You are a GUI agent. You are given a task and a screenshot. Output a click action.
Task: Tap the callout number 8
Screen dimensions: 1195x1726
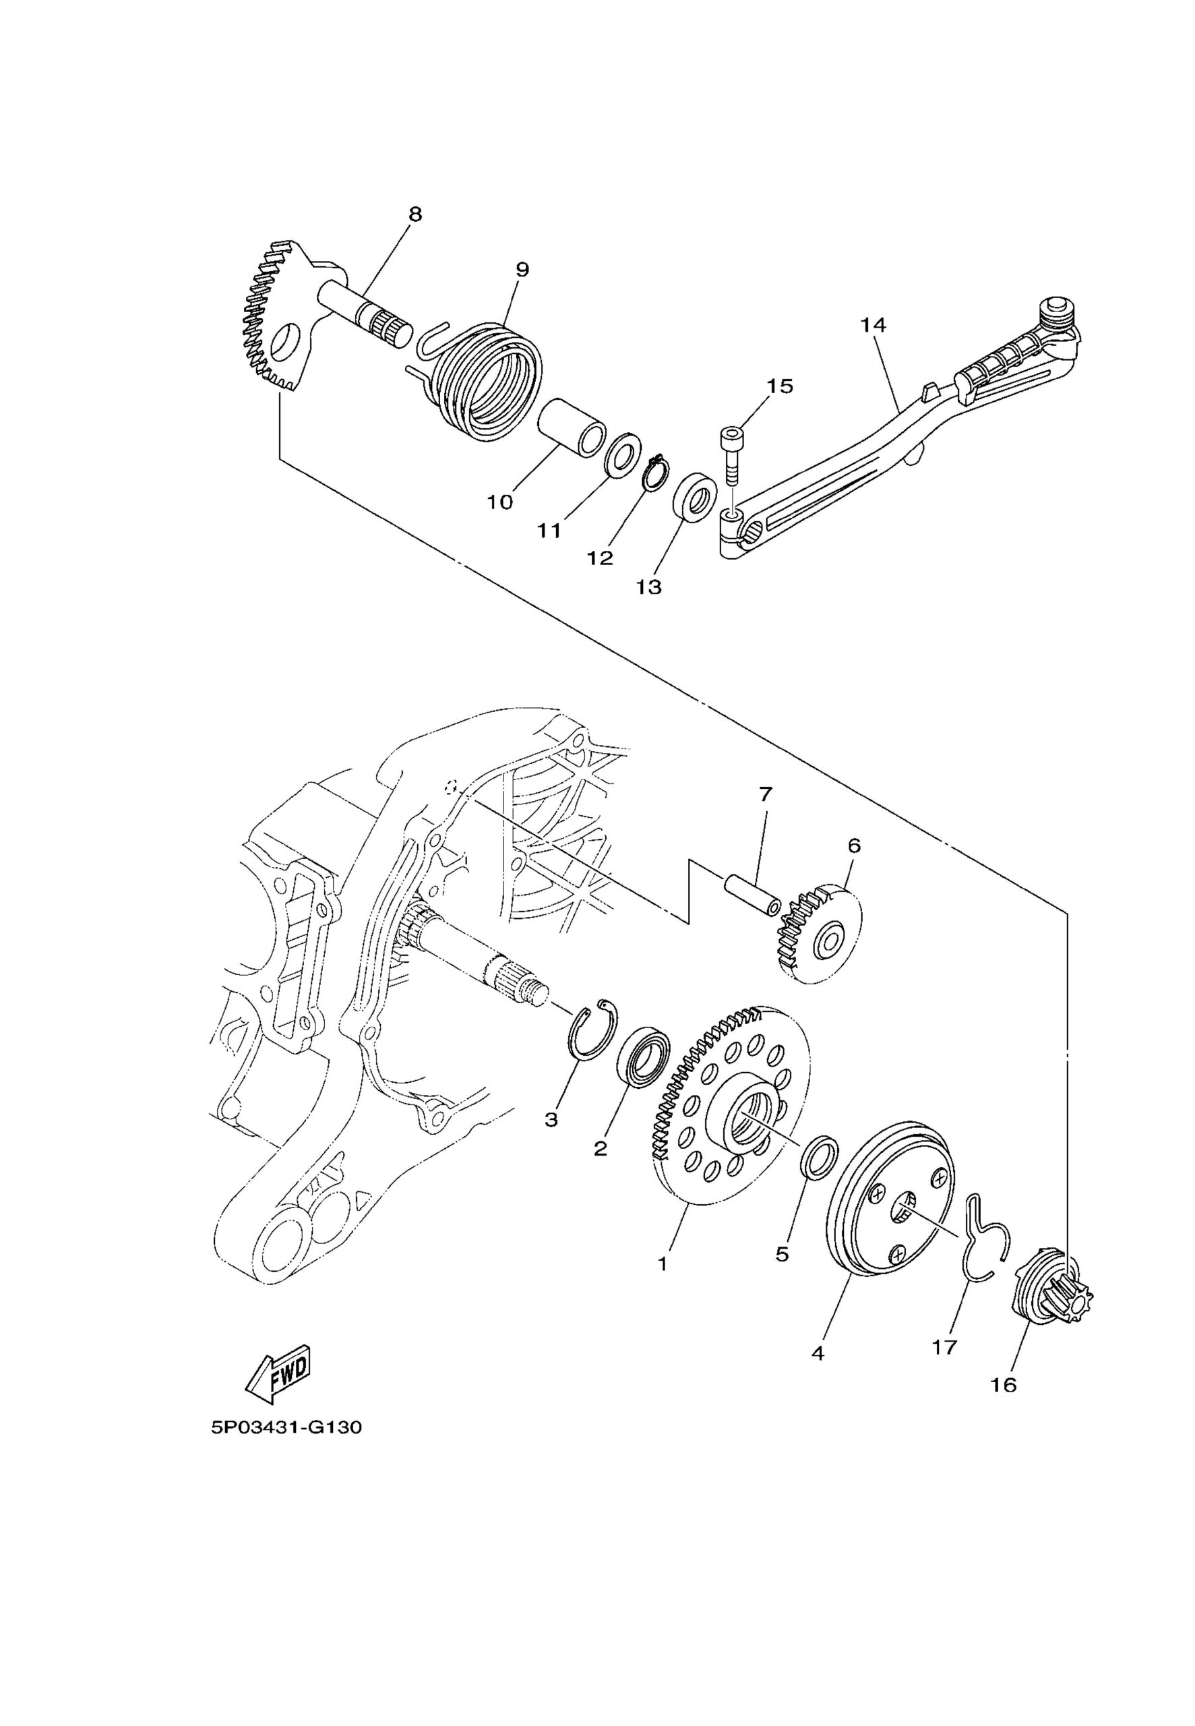415,214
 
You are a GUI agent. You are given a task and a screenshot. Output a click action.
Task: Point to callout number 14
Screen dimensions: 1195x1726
873,325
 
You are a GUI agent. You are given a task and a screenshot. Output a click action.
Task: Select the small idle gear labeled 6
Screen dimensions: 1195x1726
819,936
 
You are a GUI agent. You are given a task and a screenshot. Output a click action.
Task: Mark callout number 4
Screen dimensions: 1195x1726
817,1354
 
